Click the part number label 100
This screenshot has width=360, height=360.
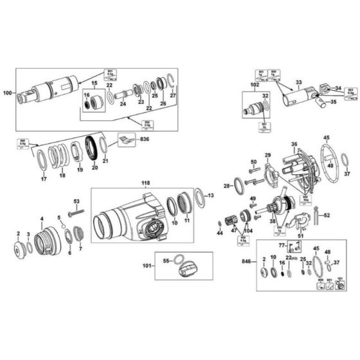8,94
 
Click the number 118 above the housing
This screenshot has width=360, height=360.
146,184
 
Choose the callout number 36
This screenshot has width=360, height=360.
294,144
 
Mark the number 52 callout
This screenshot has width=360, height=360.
327,215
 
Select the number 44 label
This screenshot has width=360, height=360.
219,233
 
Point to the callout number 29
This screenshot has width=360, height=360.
267,155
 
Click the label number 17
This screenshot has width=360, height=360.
44,180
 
